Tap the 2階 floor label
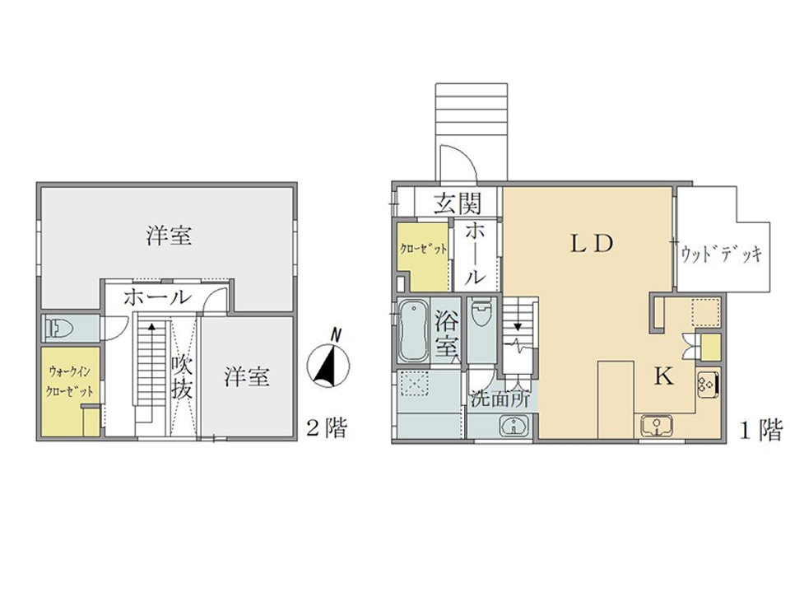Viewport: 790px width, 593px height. (328, 429)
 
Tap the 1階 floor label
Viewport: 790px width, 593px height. (760, 430)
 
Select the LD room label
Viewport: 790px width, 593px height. (592, 244)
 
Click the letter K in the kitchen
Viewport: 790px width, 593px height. (664, 376)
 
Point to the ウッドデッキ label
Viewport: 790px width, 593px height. (721, 253)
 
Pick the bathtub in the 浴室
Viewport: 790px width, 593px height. (414, 331)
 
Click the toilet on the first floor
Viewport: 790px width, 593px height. (482, 313)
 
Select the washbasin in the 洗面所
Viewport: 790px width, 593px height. (513, 427)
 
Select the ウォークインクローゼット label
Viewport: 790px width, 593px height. (70, 381)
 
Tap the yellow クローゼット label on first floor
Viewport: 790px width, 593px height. (423, 249)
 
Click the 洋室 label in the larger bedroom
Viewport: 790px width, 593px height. (170, 236)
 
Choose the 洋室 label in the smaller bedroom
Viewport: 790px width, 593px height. (247, 376)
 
